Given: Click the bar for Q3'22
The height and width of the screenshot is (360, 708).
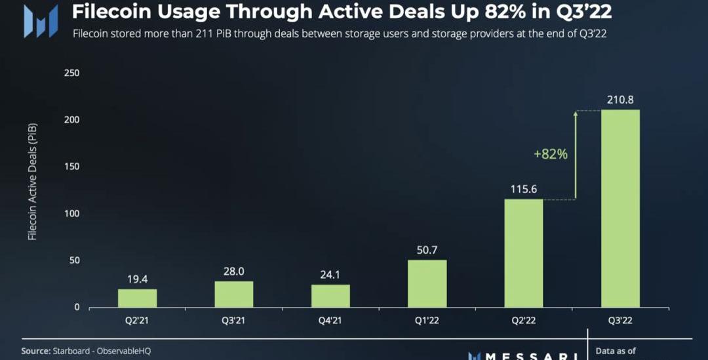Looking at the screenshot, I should [x=620, y=208].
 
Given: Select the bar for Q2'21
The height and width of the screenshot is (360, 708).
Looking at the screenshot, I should [x=137, y=298].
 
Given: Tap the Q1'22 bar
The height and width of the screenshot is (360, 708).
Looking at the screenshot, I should [x=427, y=283].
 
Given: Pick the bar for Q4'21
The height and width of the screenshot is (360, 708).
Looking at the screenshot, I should [x=330, y=296].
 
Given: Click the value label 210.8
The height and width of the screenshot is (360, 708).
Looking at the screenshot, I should [x=620, y=100].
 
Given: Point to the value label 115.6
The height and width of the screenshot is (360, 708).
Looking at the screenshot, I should [x=524, y=189].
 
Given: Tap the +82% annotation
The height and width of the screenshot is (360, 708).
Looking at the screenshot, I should [x=551, y=154].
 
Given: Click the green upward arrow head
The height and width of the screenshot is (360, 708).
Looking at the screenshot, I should [x=576, y=115].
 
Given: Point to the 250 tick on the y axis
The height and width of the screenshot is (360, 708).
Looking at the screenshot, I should [x=71, y=73].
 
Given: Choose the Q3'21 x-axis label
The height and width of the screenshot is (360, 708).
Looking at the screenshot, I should [x=234, y=321].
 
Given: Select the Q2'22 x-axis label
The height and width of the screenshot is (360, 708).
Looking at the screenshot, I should [x=524, y=321].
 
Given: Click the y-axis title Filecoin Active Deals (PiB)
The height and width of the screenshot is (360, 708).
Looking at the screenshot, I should [x=32, y=180].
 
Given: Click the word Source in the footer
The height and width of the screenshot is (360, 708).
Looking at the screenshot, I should [x=35, y=351].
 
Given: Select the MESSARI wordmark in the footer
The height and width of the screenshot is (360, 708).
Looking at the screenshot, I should [x=524, y=356].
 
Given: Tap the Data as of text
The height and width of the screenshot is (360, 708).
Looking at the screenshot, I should [x=616, y=351].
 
